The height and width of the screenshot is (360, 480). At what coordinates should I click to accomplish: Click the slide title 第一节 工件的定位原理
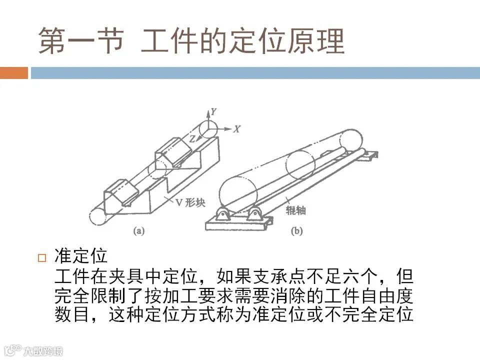click(191, 40)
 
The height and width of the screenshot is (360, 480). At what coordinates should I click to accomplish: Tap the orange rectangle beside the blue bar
click(13, 73)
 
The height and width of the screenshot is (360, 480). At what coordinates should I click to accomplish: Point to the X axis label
click(236, 129)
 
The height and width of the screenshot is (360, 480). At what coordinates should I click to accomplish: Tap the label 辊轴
click(295, 210)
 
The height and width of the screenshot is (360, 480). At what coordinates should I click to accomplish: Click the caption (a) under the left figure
click(138, 231)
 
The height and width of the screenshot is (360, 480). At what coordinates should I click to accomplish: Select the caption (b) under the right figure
click(296, 231)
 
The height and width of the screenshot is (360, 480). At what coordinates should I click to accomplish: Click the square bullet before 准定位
click(42, 258)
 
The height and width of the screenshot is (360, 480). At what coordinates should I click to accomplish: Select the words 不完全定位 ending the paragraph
click(368, 315)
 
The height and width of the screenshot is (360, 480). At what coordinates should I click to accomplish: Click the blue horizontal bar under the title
click(255, 73)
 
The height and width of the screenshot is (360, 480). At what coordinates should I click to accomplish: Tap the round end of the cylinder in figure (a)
click(98, 215)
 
